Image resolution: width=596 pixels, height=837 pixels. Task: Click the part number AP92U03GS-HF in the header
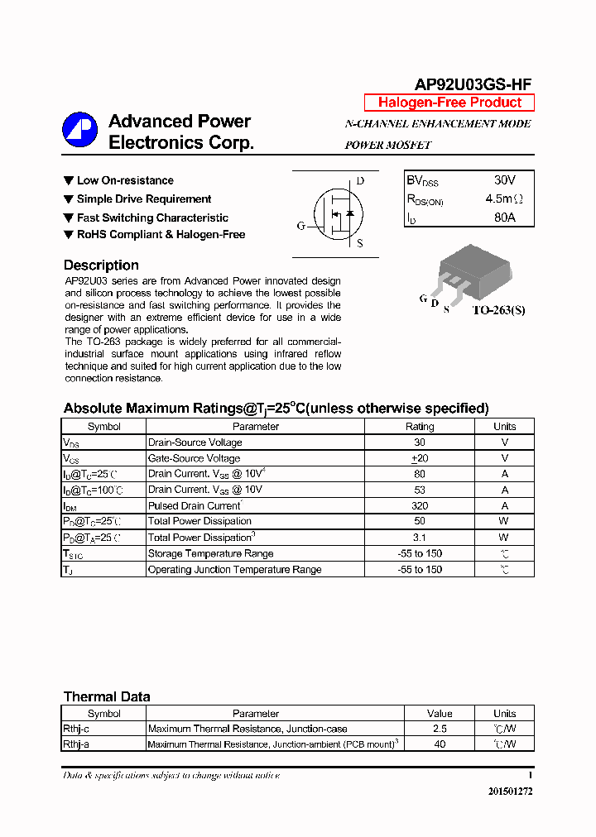click(473, 84)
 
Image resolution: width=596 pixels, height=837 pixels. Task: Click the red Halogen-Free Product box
click(449, 103)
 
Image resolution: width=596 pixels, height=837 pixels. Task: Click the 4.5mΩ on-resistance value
click(504, 199)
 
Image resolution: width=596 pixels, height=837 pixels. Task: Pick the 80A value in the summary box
click(504, 218)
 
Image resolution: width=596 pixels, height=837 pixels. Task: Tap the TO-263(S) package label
click(498, 310)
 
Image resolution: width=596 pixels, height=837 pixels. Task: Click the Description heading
click(101, 265)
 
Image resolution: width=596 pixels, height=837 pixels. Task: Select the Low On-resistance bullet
click(124, 180)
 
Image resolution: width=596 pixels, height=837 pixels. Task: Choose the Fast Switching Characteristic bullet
click(151, 218)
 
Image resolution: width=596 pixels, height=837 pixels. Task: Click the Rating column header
click(419, 427)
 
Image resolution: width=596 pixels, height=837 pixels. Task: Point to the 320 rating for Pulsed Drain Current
click(419, 505)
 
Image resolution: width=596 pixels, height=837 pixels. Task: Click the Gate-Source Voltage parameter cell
click(194, 458)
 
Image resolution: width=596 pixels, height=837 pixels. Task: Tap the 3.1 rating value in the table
click(419, 538)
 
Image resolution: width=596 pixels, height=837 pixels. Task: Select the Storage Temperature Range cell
click(210, 553)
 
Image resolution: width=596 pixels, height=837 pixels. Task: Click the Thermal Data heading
click(107, 696)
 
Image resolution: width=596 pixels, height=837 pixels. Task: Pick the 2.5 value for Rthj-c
click(440, 729)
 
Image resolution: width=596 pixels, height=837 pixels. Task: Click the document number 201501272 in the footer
click(510, 792)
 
